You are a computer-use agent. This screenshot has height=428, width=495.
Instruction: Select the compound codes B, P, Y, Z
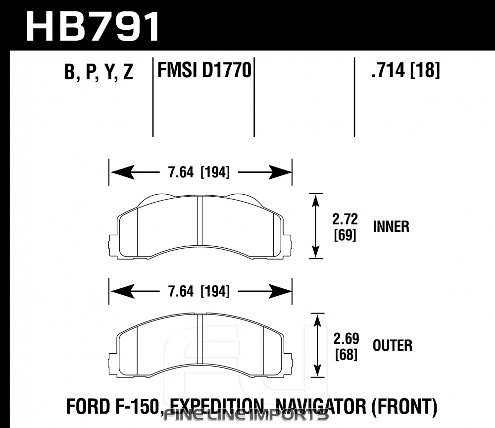[99, 72]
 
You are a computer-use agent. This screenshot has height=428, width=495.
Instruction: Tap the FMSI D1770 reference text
[204, 70]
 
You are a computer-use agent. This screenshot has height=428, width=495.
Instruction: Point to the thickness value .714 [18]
[405, 70]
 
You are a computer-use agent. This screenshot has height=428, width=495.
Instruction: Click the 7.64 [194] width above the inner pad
[199, 172]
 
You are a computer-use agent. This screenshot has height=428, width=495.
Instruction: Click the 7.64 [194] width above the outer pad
[199, 291]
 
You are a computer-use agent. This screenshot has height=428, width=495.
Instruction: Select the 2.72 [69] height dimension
[345, 227]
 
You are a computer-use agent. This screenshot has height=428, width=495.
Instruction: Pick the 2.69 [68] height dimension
[346, 346]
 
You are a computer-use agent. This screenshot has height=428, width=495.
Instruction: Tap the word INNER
[391, 226]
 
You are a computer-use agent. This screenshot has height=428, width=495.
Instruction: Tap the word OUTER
[393, 345]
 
